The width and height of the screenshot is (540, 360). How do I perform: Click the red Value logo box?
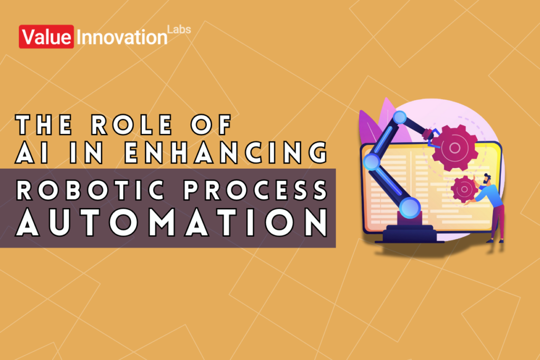point(47,37)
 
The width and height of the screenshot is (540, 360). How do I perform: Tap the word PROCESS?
point(254,191)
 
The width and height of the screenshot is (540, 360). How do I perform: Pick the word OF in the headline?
point(214,125)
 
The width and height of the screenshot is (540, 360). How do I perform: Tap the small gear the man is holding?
point(464,188)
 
